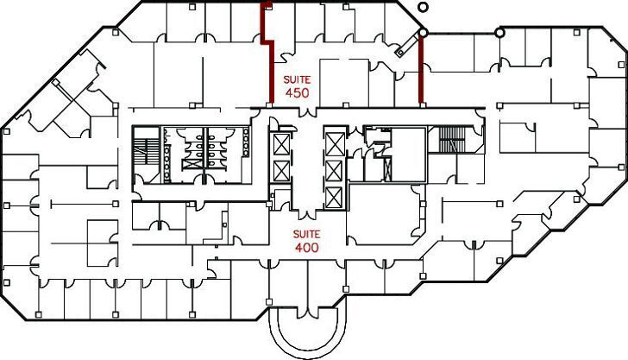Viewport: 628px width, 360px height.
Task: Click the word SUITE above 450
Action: point(296,78)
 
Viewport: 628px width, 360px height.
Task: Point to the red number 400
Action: point(307,248)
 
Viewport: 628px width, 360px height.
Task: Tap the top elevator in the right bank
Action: point(334,140)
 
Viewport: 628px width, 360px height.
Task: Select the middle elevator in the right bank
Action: point(334,168)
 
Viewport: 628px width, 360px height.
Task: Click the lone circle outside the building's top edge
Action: point(423,7)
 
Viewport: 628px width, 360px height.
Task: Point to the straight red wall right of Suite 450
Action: point(421,69)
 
